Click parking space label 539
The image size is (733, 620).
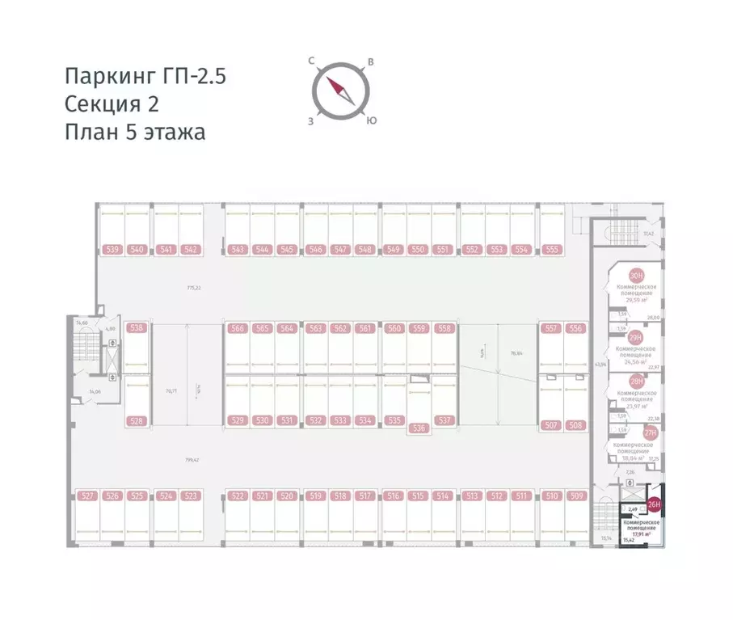(112, 250)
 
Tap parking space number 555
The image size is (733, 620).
(552, 250)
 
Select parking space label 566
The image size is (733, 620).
(237, 328)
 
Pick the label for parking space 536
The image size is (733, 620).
(418, 428)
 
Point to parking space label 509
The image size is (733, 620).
(575, 496)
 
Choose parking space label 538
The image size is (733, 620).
(137, 328)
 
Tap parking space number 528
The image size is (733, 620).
(137, 420)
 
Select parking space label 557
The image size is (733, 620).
(551, 328)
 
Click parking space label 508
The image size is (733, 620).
(575, 424)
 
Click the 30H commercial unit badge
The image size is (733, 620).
(638, 276)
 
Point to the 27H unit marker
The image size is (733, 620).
(650, 433)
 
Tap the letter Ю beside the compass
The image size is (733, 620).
(370, 121)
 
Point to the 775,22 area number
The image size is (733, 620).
(193, 288)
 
